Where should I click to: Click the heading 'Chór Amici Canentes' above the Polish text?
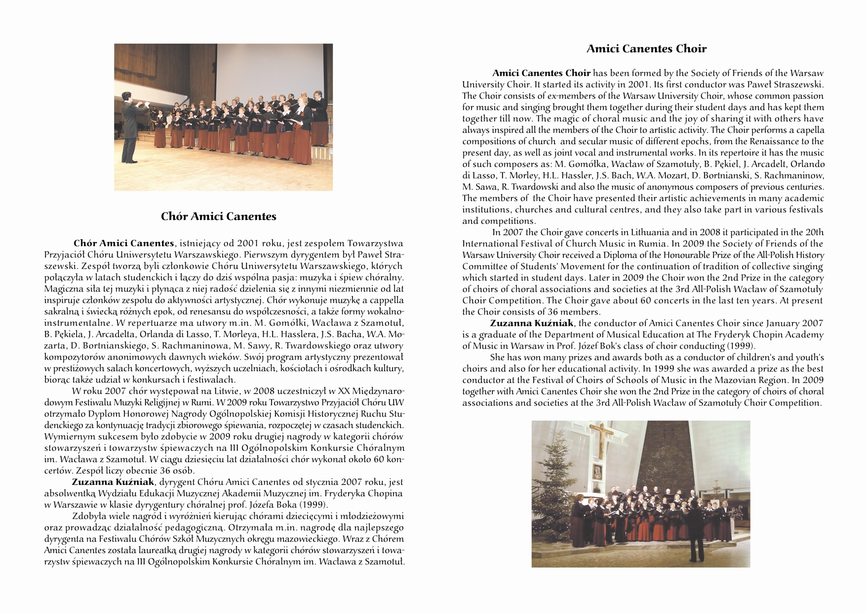218,216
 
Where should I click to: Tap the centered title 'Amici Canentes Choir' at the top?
646,49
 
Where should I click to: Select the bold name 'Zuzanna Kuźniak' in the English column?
532,324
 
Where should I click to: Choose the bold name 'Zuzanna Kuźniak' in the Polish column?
114,482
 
